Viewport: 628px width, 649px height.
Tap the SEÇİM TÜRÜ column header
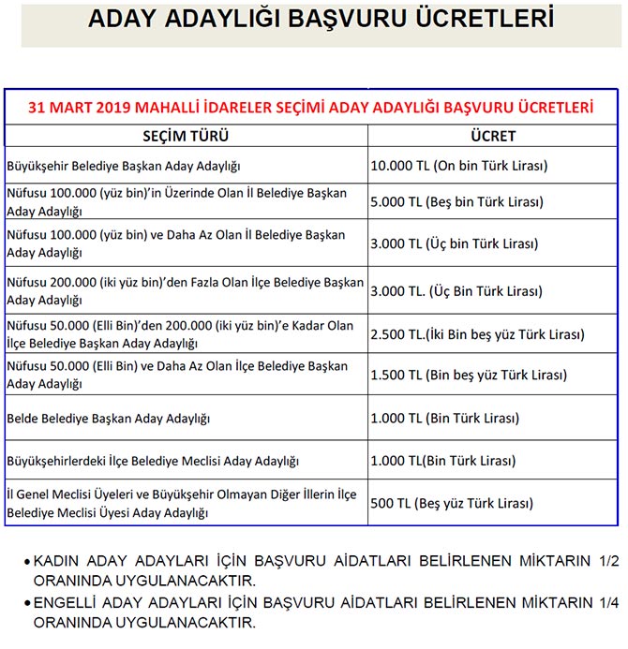[185, 136]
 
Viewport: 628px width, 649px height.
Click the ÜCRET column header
[493, 136]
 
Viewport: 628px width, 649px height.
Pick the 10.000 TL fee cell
[458, 166]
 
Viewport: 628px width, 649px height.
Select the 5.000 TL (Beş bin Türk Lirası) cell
[456, 201]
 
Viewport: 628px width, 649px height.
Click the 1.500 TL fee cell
[468, 376]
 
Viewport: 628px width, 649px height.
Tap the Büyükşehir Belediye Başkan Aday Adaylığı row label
[124, 166]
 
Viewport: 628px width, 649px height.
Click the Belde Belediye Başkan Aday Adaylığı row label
[108, 417]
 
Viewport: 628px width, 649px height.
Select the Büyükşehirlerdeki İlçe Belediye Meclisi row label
[152, 462]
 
